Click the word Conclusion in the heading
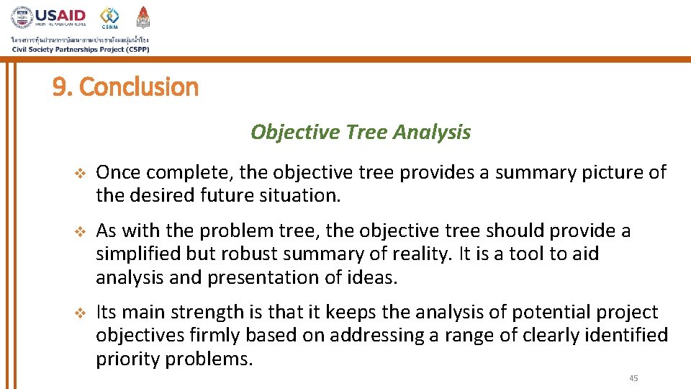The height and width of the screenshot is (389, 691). [138, 87]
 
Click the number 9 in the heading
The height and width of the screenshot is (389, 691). [60, 87]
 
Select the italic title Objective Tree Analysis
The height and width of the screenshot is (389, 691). [361, 132]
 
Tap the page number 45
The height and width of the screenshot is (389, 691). [633, 378]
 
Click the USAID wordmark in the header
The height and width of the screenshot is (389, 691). [61, 16]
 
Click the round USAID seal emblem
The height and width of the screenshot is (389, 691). [22, 17]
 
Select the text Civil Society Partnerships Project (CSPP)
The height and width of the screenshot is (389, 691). [81, 49]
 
